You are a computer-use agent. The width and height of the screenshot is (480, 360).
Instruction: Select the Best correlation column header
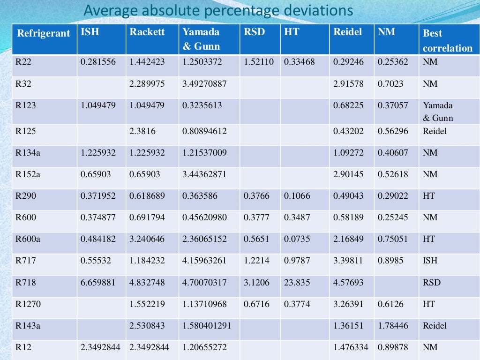point(447,41)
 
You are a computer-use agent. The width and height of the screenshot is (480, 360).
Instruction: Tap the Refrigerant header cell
point(43,33)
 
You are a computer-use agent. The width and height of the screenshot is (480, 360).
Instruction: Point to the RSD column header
point(254,32)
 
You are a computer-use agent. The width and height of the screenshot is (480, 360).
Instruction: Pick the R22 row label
point(23,61)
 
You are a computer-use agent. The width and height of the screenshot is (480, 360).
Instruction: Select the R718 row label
point(26,283)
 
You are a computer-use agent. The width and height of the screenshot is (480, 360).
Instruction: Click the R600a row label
point(28,239)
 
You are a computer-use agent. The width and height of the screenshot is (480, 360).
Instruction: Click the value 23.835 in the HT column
point(297,283)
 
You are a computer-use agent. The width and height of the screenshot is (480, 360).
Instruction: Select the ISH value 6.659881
point(98,283)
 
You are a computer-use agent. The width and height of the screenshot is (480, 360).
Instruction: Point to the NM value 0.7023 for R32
point(390,83)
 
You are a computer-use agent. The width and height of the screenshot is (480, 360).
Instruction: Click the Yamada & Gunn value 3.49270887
point(204,83)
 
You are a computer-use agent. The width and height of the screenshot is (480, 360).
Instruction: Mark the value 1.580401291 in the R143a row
point(207,326)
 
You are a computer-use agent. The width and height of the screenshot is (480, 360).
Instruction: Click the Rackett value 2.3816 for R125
point(142,131)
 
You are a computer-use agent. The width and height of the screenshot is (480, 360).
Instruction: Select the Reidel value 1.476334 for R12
point(351,347)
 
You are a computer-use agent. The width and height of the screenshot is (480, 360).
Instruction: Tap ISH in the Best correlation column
point(429,261)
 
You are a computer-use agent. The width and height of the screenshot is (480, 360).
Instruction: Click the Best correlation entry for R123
point(438,112)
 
